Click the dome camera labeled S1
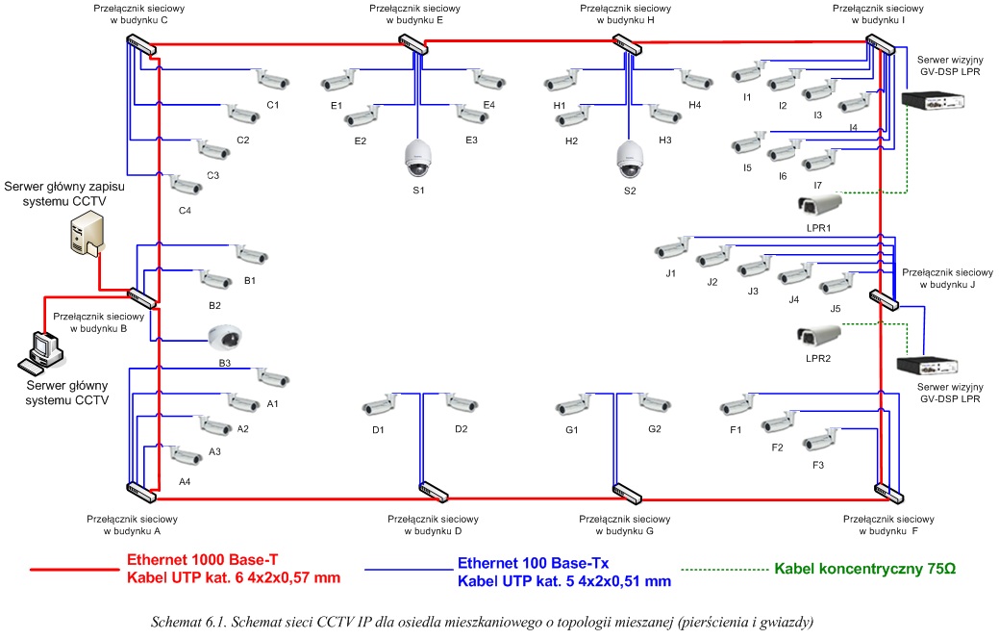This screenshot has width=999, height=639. coord(418,158)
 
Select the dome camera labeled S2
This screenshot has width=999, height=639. coord(629,159)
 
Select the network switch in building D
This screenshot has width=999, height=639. coord(434,492)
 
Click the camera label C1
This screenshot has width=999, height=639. coord(272,105)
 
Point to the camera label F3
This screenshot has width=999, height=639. coord(818,465)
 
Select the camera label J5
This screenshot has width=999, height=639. coord(835,308)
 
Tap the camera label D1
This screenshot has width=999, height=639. coord(378,429)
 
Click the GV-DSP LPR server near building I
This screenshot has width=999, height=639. coord(933,99)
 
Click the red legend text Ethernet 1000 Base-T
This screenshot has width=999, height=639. coord(200,559)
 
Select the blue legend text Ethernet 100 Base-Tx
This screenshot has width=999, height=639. coord(534,562)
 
